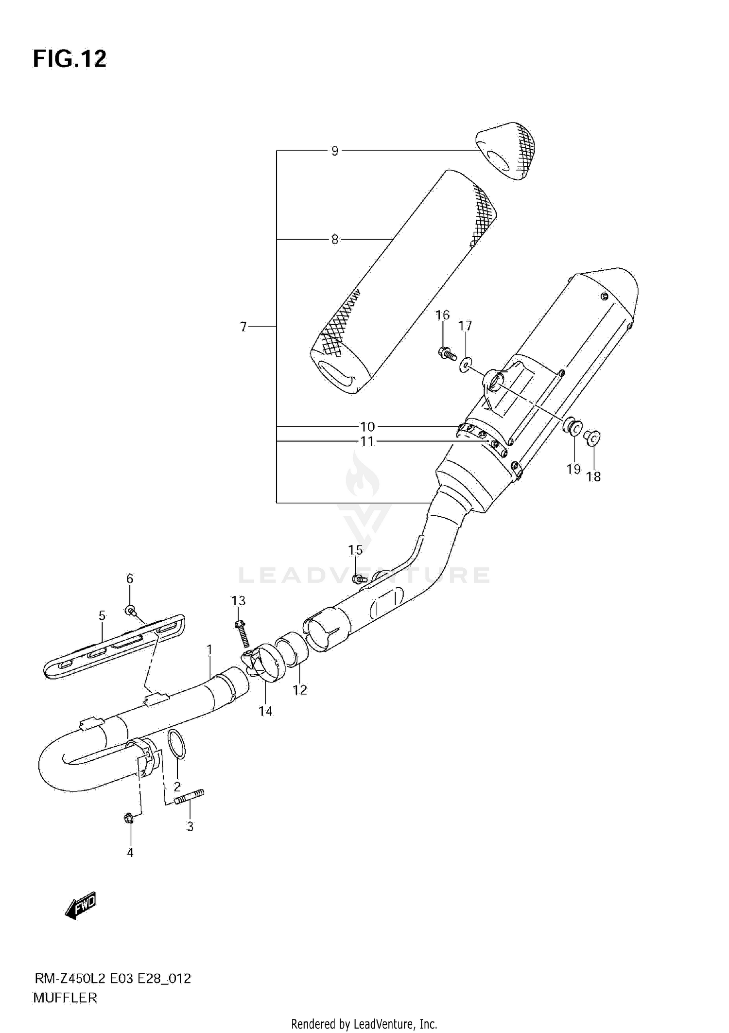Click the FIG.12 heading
(x=69, y=59)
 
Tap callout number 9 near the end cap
(x=334, y=151)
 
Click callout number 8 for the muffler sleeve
(x=334, y=240)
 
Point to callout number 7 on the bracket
(x=243, y=327)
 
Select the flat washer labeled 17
(x=466, y=364)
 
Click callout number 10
(x=367, y=427)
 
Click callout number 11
(x=367, y=441)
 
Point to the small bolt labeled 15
(x=358, y=578)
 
